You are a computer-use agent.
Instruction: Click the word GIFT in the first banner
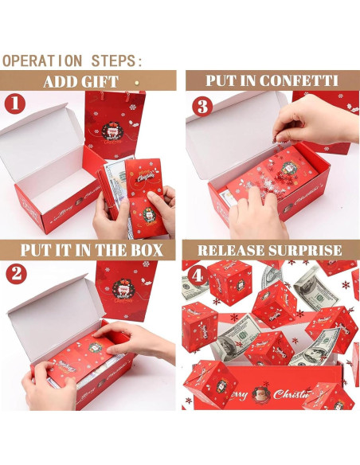[100, 81]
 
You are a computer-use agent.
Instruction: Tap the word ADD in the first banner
[60, 81]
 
